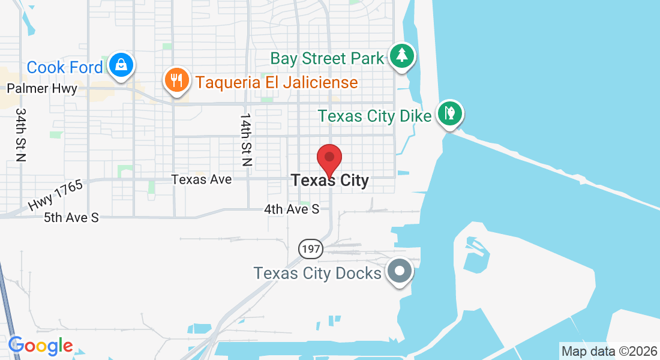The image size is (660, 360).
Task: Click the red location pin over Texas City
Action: [329, 159]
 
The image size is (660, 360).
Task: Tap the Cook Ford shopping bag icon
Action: [122, 64]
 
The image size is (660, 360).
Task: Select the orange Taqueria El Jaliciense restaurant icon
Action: [176, 79]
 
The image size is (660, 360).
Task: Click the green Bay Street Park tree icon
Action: [401, 56]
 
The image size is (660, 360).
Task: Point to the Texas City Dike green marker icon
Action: [449, 112]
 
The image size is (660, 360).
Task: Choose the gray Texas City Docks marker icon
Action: [400, 271]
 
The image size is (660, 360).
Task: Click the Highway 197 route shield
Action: [311, 248]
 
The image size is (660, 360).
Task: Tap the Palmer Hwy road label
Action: [42, 89]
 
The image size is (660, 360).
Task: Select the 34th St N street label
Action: [22, 135]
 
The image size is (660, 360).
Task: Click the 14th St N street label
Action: [245, 139]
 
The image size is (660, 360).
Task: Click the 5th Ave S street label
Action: [71, 218]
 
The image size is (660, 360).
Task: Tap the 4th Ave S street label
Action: [292, 209]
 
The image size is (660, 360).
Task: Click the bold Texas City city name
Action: [329, 180]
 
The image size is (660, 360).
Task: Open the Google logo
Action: [40, 346]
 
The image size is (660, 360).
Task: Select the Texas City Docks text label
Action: [317, 274]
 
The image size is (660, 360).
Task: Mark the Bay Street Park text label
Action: [326, 59]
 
